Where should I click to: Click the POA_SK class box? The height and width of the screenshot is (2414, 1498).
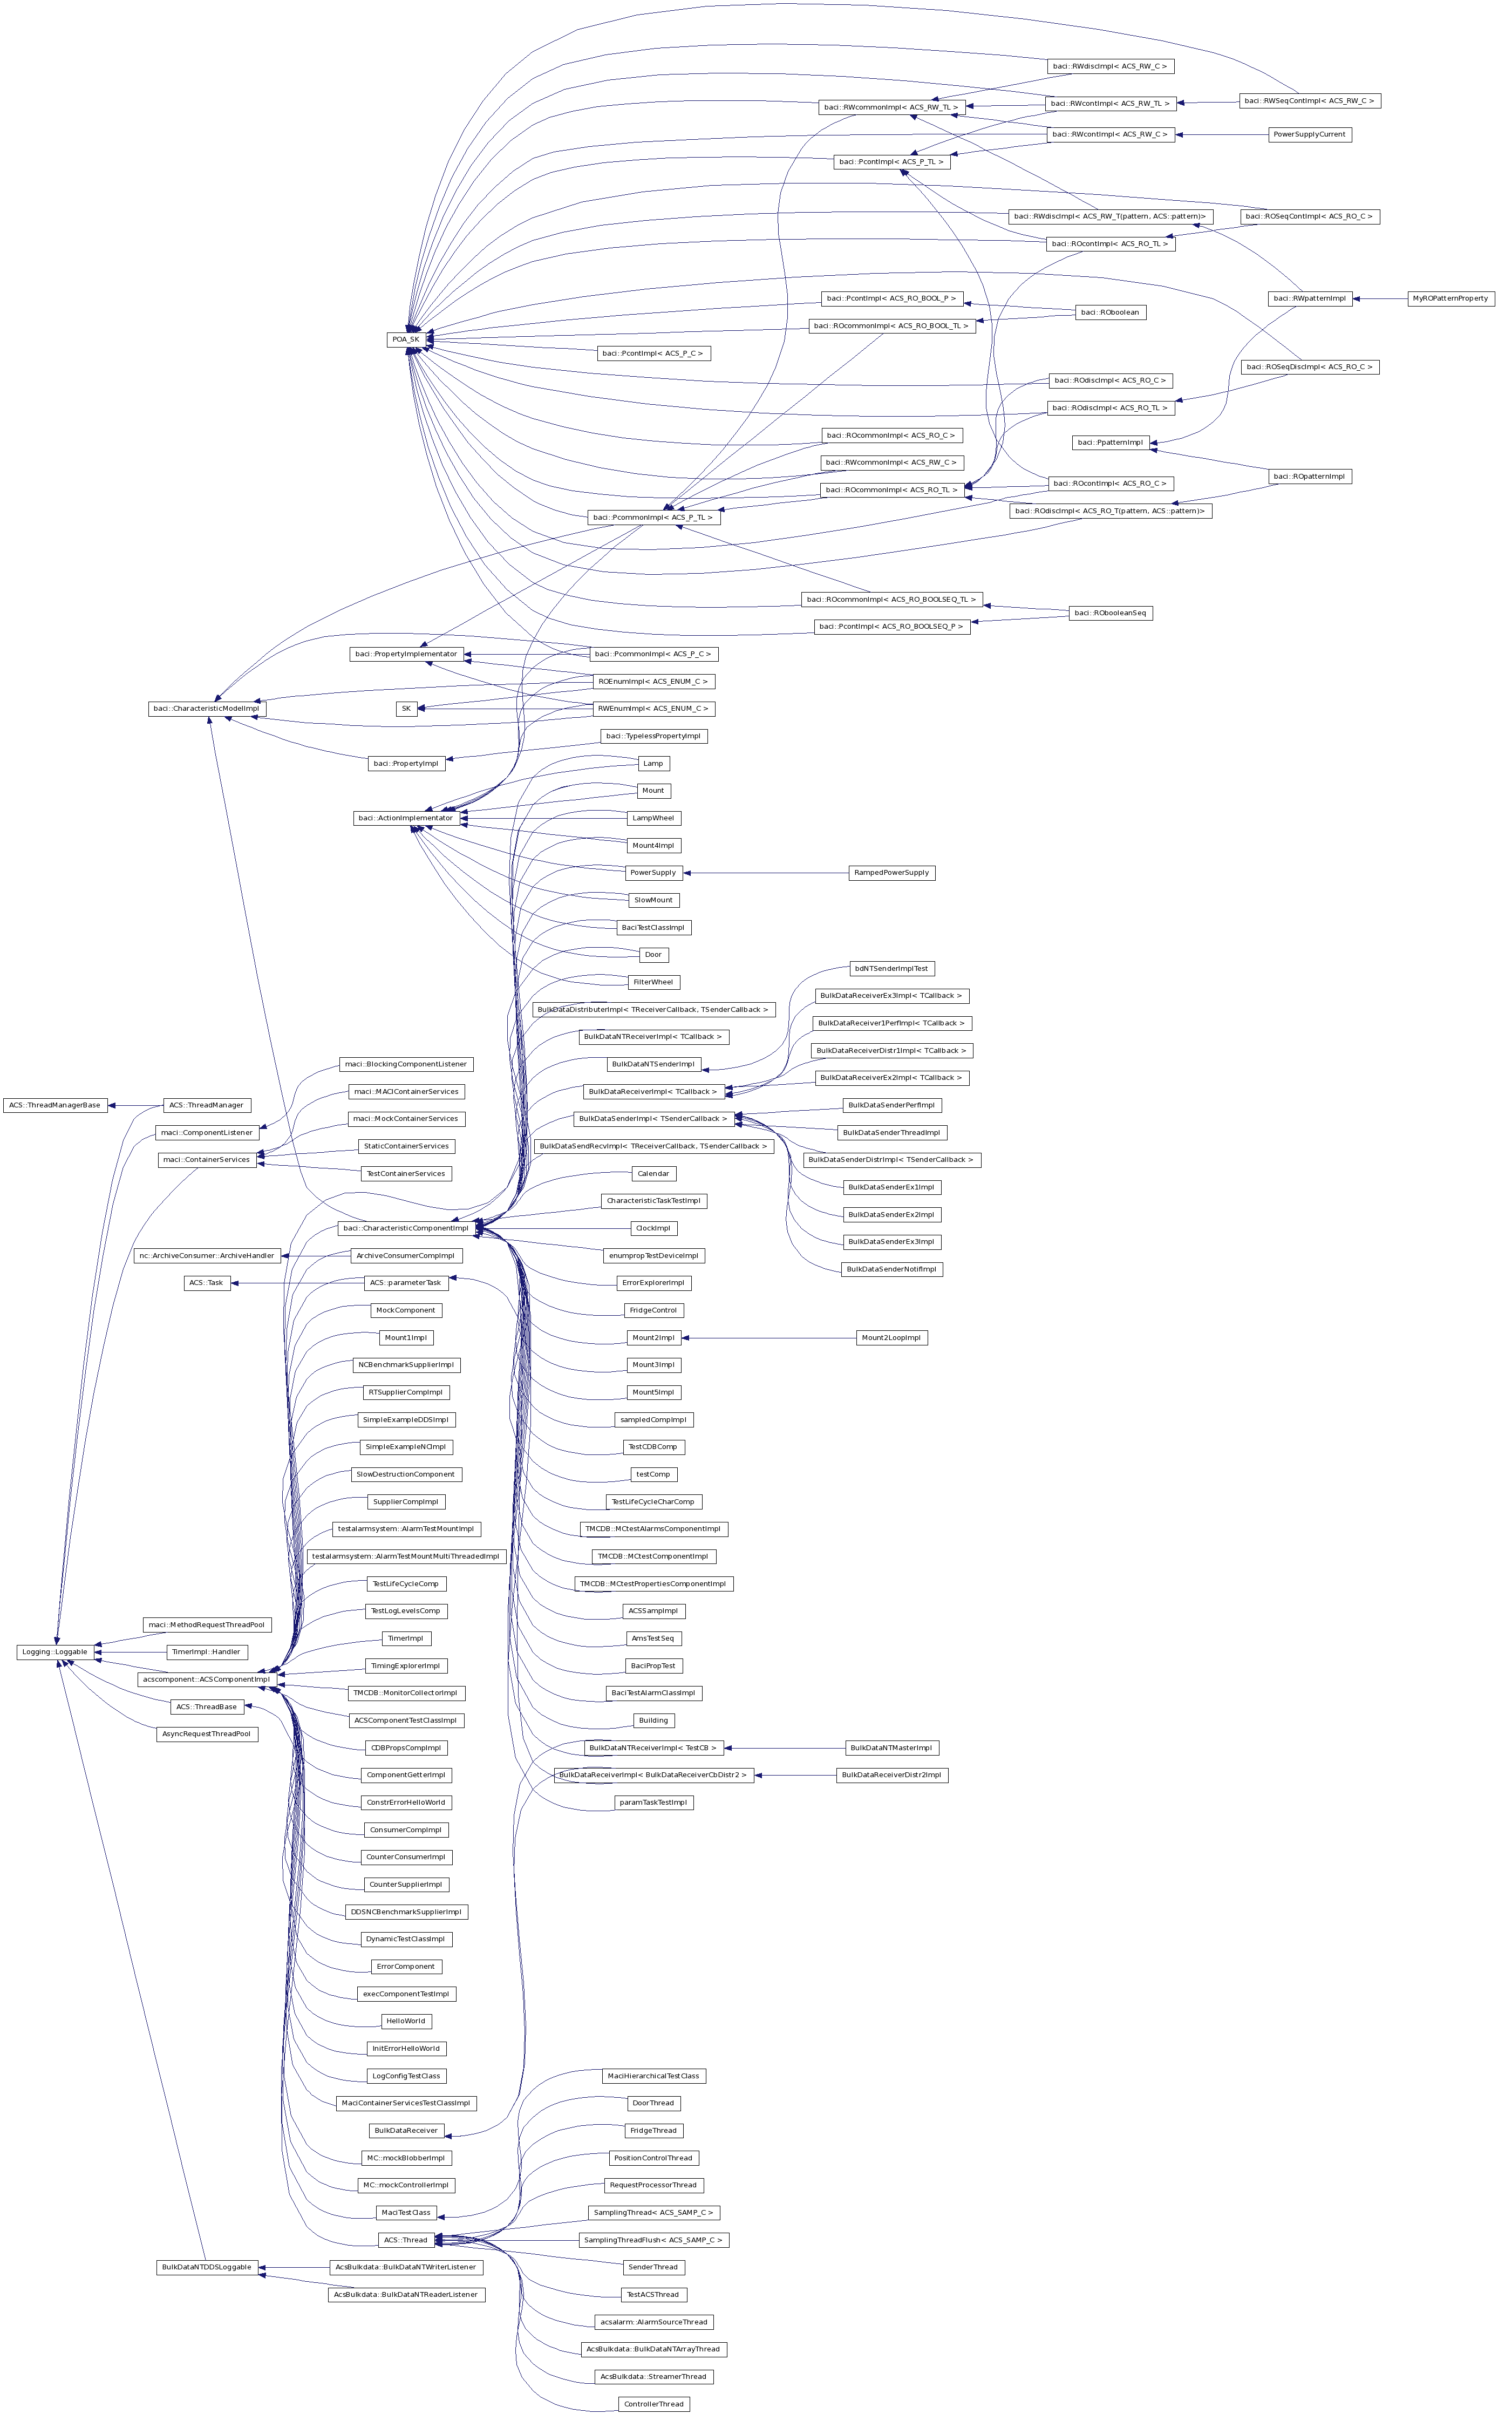[x=405, y=339]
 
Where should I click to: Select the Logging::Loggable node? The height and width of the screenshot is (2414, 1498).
[x=56, y=1651]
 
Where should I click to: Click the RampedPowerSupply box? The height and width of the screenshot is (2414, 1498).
[x=891, y=873]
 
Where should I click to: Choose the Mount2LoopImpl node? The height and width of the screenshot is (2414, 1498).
[x=891, y=1337]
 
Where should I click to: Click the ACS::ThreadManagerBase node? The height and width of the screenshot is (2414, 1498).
[x=55, y=1105]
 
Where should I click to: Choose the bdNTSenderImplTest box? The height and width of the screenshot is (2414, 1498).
[x=891, y=968]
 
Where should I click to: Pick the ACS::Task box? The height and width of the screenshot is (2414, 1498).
[x=207, y=1283]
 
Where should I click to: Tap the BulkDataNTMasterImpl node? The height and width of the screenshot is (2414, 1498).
[x=891, y=1747]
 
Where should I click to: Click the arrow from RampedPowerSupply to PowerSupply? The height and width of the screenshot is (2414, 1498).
[x=768, y=873]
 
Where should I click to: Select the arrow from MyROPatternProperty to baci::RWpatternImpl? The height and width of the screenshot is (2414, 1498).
[x=1379, y=298]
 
